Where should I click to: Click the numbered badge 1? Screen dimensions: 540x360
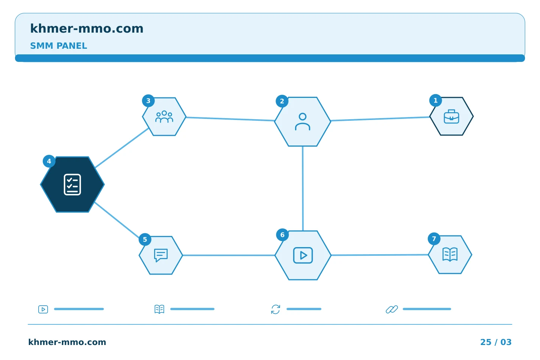[x=435, y=100]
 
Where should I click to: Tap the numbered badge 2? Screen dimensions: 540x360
[x=282, y=101]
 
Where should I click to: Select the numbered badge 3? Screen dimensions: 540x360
[x=148, y=100]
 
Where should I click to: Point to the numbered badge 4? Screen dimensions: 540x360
[x=49, y=161]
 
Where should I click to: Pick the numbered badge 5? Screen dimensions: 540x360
[x=145, y=239]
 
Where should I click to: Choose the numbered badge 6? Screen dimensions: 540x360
[x=282, y=235]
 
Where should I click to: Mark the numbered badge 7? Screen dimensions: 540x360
[x=434, y=239]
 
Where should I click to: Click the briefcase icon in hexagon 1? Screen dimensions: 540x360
[x=451, y=117]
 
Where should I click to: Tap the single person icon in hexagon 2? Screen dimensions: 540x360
[x=303, y=121]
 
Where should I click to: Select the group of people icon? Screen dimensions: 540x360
[x=164, y=117]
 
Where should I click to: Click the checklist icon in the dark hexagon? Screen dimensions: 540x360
[x=72, y=184]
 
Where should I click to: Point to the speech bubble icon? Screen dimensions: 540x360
[x=161, y=255]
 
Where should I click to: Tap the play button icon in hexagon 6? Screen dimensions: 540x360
[x=303, y=255]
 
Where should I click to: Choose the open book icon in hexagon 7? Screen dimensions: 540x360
[x=450, y=254]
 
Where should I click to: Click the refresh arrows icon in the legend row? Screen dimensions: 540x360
[x=276, y=309]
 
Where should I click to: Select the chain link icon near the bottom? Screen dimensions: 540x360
[x=392, y=309]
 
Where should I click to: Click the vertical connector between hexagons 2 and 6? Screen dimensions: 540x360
[x=303, y=189]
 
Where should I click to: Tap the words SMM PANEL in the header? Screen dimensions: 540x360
[x=58, y=46]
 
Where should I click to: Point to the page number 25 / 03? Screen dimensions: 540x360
[x=496, y=342]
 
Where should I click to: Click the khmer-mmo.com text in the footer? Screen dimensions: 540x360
[x=67, y=342]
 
